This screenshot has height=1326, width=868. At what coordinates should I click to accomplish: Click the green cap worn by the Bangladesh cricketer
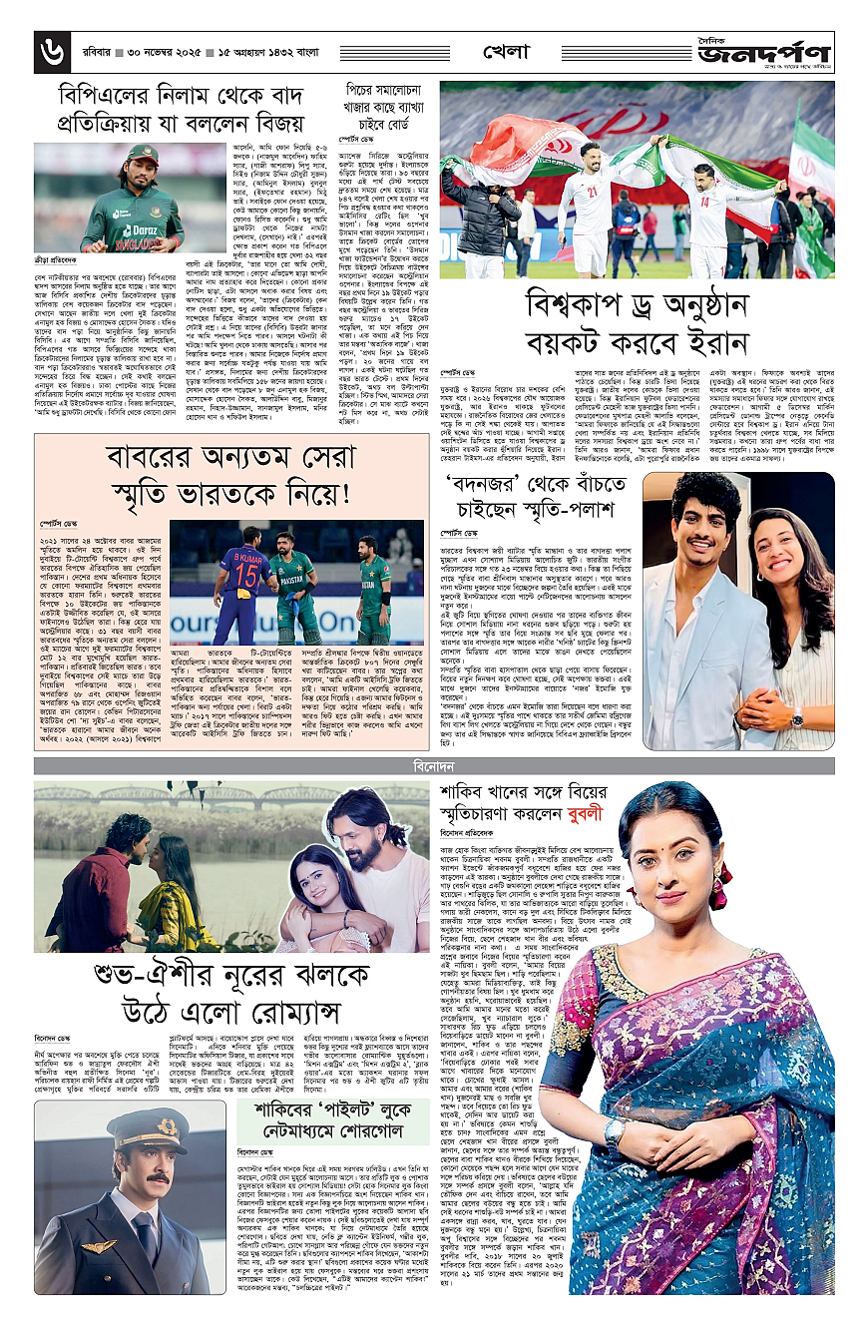(x=144, y=155)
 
